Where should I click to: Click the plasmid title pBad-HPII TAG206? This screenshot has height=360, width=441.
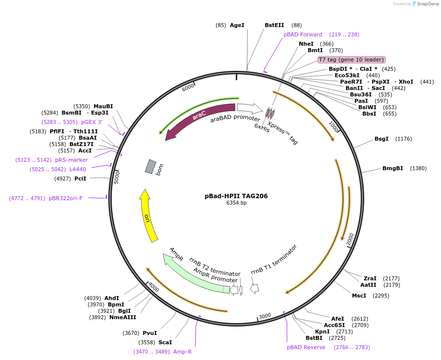(x=236, y=196)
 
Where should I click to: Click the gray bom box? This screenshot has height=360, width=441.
(x=150, y=166)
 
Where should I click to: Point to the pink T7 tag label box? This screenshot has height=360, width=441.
(x=351, y=60)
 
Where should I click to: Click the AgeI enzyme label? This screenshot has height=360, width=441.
(x=237, y=25)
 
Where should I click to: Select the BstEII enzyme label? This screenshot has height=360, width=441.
(x=274, y=25)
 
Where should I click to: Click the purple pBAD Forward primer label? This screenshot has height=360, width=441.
(x=303, y=34)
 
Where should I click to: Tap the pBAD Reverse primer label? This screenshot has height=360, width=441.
(x=306, y=347)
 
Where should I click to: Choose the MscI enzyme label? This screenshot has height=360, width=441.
(x=359, y=296)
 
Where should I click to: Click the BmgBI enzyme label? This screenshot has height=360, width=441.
(x=392, y=168)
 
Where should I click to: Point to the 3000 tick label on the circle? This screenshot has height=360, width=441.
(x=265, y=316)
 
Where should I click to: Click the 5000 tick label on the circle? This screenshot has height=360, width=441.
(x=117, y=177)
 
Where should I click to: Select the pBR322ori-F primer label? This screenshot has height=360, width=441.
(x=65, y=198)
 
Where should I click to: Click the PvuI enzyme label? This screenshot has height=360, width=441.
(x=150, y=333)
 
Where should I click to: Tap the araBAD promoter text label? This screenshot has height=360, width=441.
(x=235, y=119)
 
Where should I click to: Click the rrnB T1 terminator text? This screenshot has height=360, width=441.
(x=274, y=259)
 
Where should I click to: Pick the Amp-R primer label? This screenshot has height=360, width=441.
(x=182, y=352)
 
